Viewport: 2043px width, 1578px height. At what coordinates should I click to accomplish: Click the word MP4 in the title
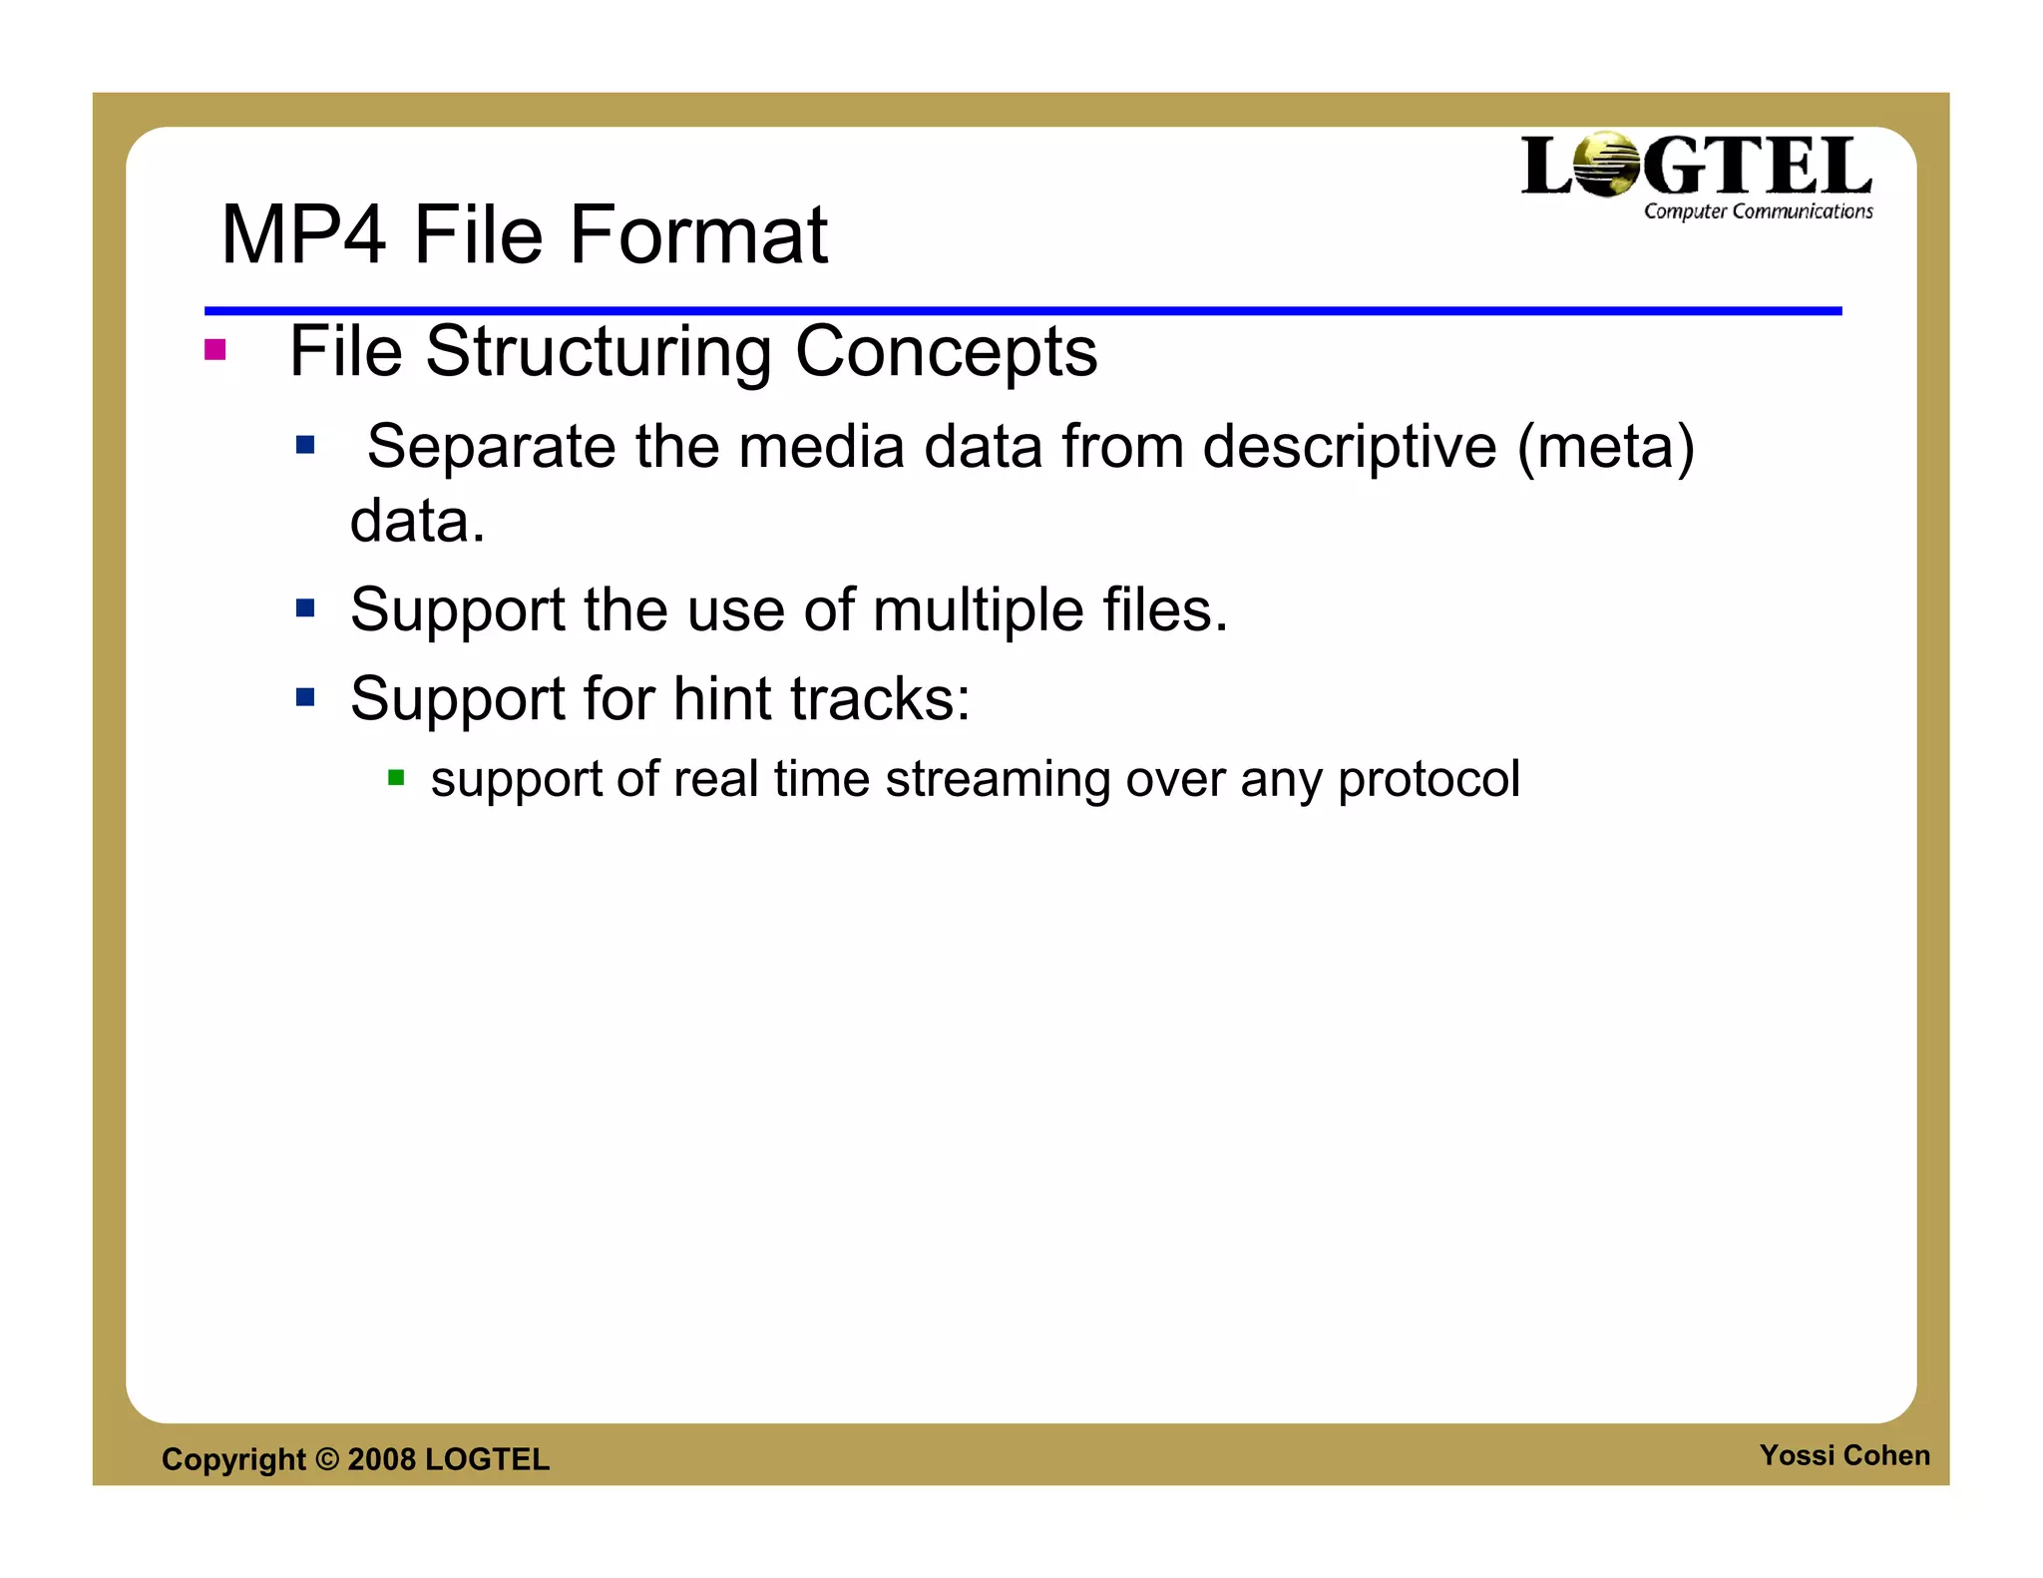(302, 235)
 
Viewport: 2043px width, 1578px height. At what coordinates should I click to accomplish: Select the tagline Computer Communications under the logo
(1758, 211)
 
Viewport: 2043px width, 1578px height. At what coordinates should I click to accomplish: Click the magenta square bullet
(214, 350)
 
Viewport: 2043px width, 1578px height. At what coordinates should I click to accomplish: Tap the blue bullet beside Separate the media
(305, 445)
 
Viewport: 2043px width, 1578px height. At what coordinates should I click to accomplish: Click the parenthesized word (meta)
(1605, 447)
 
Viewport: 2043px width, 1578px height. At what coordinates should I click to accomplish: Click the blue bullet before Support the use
(305, 607)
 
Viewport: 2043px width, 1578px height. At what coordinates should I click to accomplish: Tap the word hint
(722, 698)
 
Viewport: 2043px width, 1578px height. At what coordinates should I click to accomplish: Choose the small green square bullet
(396, 778)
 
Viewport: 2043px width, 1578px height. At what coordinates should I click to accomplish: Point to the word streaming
(998, 780)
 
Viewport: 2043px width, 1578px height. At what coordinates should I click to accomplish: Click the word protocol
(1429, 780)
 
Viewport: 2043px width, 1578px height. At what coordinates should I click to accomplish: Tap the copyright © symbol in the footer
(327, 1459)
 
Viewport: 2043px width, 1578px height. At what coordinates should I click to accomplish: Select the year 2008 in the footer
(381, 1459)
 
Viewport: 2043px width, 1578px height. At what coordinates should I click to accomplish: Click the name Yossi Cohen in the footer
(1843, 1455)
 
